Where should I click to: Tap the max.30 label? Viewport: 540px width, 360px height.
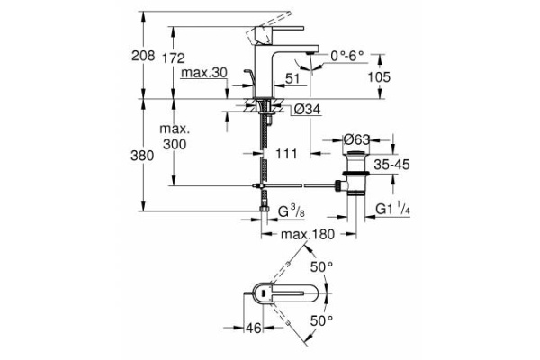point(203,73)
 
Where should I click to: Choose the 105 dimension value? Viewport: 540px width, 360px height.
point(378,77)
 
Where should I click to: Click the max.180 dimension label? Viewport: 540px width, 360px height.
point(309,235)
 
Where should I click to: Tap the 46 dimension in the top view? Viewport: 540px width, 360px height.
point(253,328)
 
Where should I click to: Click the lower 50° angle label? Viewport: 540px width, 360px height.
point(321,320)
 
